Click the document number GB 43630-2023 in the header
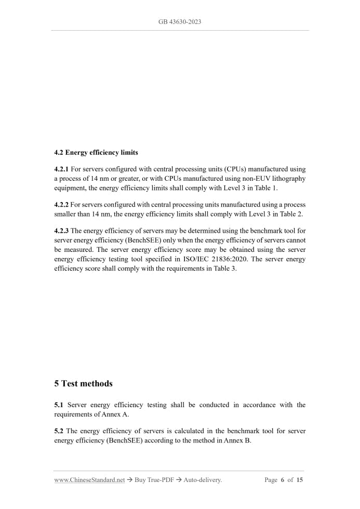180,22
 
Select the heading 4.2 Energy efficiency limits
96,153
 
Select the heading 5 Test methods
83,384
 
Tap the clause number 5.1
59,405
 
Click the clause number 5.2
59,431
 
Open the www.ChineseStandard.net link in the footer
89,480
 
